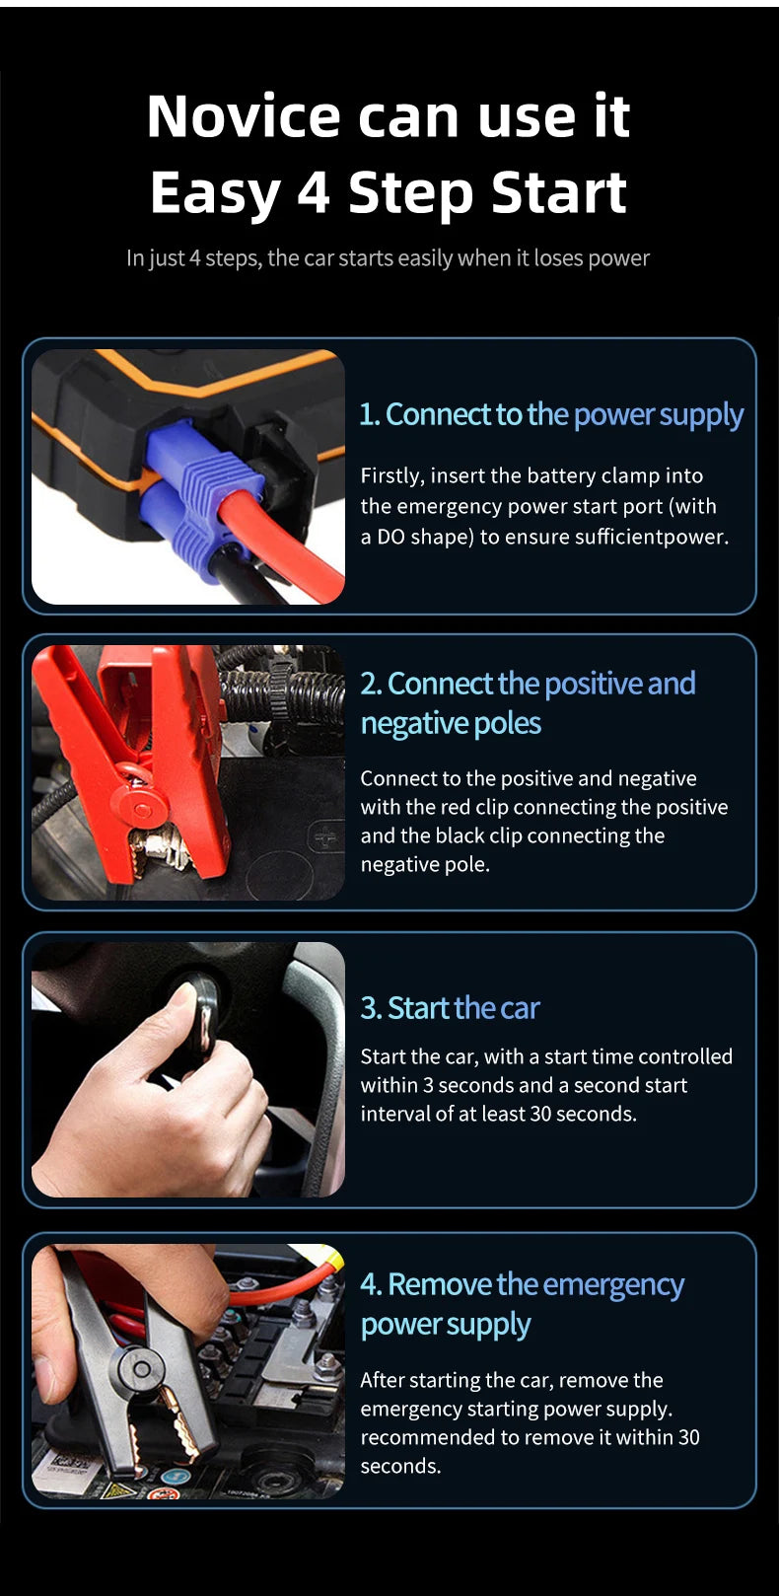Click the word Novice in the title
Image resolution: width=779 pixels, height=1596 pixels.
coord(244,115)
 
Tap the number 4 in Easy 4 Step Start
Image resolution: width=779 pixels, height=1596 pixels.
coord(313,192)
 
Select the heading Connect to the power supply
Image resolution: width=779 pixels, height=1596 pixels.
coord(551,414)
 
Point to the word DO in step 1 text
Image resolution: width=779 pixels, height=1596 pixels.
coord(390,537)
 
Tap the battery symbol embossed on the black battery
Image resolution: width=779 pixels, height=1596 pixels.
coord(324,837)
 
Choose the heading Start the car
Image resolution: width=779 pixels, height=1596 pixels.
coord(450,1008)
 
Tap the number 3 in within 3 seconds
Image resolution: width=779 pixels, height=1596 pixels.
coord(428,1085)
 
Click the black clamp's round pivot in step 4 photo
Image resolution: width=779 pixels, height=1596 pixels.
coord(140,1369)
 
